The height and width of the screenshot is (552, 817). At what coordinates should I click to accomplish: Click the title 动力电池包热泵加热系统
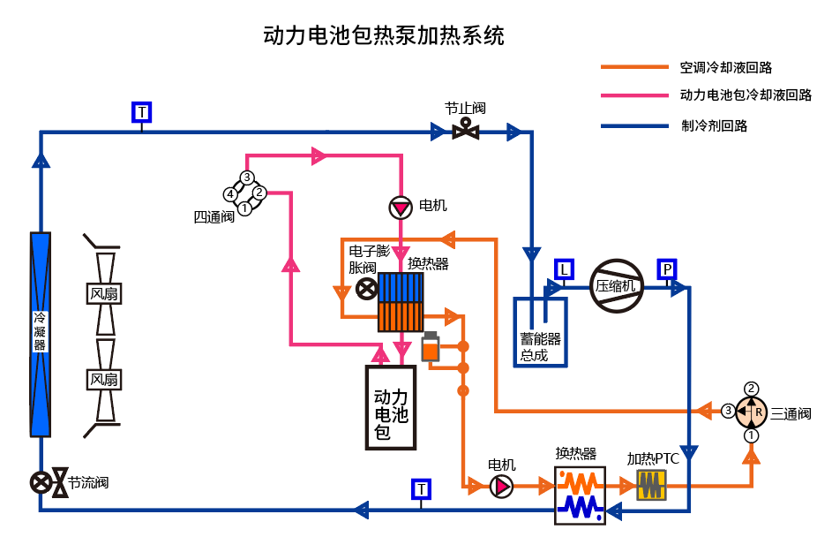(384, 36)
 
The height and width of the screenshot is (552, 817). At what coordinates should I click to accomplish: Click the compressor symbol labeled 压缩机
(616, 285)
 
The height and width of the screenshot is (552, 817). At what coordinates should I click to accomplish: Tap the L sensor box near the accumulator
(565, 268)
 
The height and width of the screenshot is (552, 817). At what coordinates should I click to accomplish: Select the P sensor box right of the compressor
(667, 268)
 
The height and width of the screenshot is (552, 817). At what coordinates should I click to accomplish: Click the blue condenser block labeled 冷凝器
(41, 334)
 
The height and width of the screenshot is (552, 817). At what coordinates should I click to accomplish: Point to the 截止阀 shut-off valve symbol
(465, 132)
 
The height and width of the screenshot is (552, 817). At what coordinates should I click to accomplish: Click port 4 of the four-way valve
(229, 193)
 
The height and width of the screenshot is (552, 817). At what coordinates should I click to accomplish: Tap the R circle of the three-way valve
(752, 412)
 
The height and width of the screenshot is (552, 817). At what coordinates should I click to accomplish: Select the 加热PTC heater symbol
(651, 484)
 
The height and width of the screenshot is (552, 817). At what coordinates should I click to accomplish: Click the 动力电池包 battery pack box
(391, 407)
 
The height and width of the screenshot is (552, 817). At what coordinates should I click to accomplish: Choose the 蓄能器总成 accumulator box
(540, 333)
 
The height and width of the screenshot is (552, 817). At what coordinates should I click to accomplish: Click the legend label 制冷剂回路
(714, 126)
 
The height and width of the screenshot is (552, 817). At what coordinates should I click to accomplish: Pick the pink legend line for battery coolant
(634, 95)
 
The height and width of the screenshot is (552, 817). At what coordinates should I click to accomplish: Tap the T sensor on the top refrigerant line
(142, 112)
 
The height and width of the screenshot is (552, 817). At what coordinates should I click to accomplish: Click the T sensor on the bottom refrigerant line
(422, 488)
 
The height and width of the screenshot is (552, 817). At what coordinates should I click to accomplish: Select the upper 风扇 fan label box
(104, 293)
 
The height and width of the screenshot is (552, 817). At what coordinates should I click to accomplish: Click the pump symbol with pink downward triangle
(401, 208)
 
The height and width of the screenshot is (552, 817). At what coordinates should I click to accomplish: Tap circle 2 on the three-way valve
(752, 389)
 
